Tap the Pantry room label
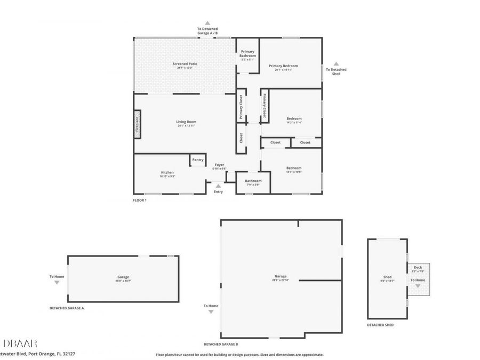click(x=198, y=159)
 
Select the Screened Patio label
click(x=185, y=64)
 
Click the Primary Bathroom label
click(x=247, y=53)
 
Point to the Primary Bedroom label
click(x=283, y=66)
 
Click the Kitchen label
click(x=167, y=172)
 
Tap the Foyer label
click(x=220, y=165)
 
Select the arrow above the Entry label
click(x=218, y=186)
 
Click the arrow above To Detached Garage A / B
click(x=207, y=23)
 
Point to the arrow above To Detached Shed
click(x=336, y=63)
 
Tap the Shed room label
click(x=387, y=277)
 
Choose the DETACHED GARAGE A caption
click(x=67, y=308)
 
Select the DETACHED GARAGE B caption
click(x=221, y=344)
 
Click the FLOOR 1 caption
click(x=140, y=200)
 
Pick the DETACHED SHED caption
click(x=380, y=325)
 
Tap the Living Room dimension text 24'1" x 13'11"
click(x=186, y=126)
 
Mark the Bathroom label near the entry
click(x=253, y=181)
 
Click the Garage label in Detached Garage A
click(x=123, y=277)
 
